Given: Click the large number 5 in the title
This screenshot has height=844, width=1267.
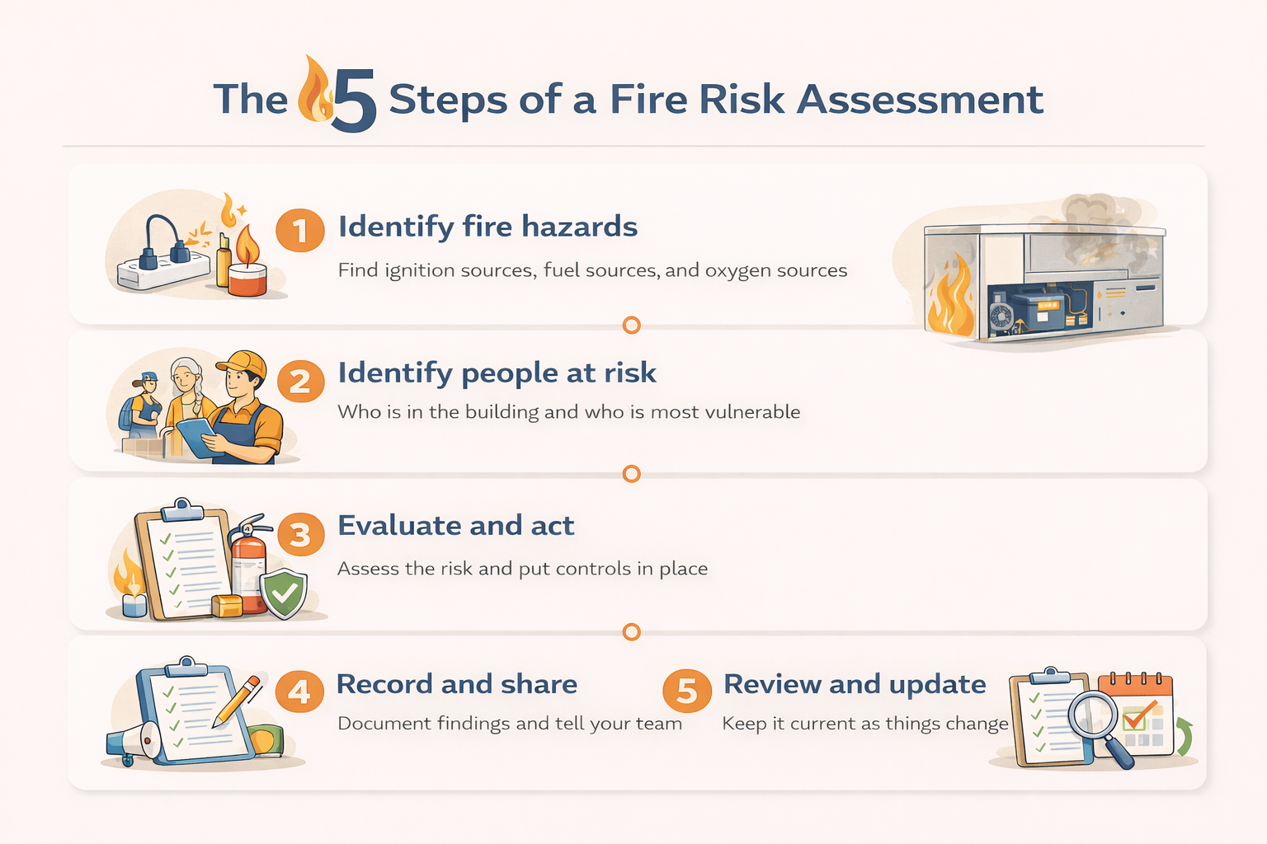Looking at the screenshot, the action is click(x=355, y=101).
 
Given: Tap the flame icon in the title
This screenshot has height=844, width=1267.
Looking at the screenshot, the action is click(x=314, y=90).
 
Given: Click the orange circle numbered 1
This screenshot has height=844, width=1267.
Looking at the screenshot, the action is click(x=299, y=230).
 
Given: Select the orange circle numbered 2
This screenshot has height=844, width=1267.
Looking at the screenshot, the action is click(x=300, y=382).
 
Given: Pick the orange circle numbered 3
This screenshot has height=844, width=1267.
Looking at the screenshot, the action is click(x=300, y=534).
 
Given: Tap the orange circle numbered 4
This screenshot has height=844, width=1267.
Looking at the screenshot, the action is click(x=299, y=691).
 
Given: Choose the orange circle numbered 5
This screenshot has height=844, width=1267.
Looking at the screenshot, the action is click(x=687, y=691).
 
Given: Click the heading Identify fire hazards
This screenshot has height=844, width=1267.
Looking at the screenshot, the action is click(x=487, y=227).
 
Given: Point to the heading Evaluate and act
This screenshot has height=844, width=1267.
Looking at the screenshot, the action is click(x=455, y=526).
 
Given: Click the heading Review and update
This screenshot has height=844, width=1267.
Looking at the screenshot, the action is click(x=855, y=684).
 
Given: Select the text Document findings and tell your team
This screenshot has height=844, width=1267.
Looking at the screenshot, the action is click(x=510, y=724).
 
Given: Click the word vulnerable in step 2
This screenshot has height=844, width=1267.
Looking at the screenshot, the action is click(x=752, y=412).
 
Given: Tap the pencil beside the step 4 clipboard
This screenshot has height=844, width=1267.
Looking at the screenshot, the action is click(x=237, y=701).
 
